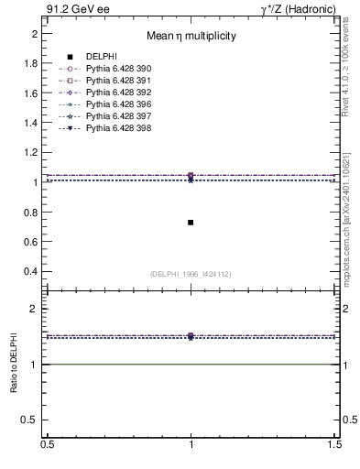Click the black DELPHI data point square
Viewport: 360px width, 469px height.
[191, 223]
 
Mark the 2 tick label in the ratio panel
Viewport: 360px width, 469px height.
[34, 309]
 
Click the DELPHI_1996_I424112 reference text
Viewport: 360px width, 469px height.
[191, 273]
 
